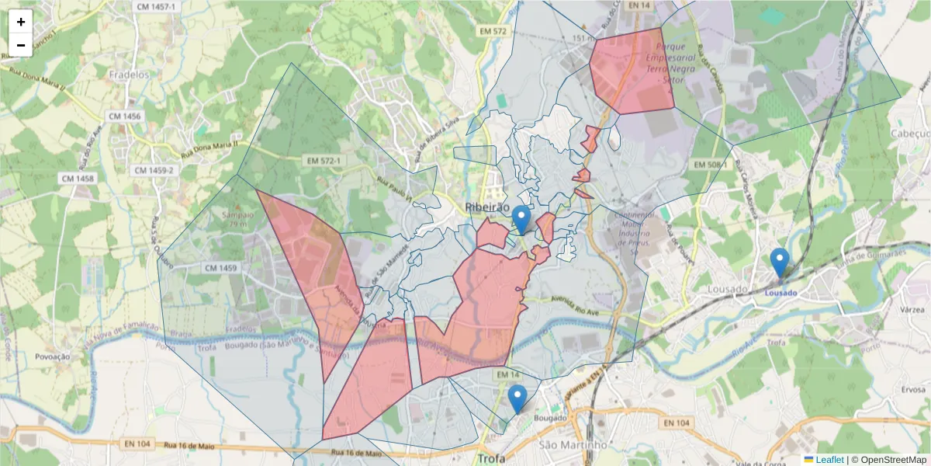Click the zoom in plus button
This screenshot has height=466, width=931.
click(x=21, y=22)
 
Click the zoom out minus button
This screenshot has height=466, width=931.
click(x=21, y=45)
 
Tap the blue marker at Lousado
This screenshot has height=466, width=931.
click(x=780, y=263)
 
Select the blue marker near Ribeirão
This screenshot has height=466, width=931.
click(x=522, y=220)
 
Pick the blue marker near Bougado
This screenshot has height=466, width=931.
click(x=517, y=399)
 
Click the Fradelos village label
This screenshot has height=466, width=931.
click(x=130, y=75)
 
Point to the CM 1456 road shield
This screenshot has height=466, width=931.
click(x=125, y=116)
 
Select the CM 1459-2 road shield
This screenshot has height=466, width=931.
click(x=155, y=170)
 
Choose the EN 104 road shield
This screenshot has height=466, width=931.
click(x=677, y=423)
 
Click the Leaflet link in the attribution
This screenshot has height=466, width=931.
click(x=829, y=460)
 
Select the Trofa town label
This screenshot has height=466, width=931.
click(x=492, y=458)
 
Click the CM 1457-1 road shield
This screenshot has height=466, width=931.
click(x=156, y=6)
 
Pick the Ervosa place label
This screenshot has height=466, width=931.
click(x=913, y=390)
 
